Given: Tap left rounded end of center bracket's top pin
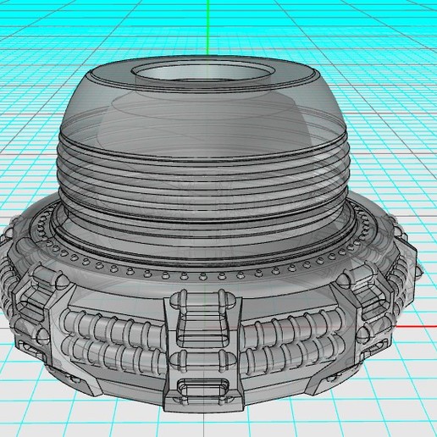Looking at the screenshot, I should pos(180,297).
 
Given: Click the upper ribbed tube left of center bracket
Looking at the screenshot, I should pos(119,326).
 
